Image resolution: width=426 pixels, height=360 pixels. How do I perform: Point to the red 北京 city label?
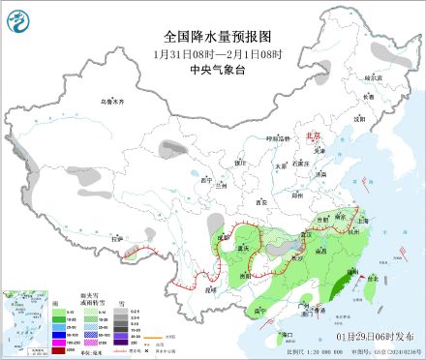tap(311, 136)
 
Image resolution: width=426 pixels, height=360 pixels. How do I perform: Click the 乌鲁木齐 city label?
tap(114, 101)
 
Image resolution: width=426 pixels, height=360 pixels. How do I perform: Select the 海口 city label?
tap(288, 334)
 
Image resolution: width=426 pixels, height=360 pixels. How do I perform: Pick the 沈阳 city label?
tap(359, 118)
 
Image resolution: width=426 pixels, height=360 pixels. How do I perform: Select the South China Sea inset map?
tap(25, 321)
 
